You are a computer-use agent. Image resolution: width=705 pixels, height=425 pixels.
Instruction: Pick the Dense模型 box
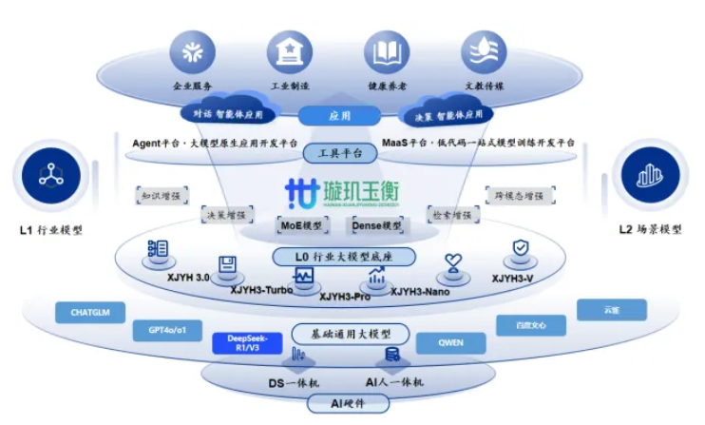pyautogui.click(x=377, y=225)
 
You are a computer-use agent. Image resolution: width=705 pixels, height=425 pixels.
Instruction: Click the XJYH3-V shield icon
pyautogui.click(x=520, y=251)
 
